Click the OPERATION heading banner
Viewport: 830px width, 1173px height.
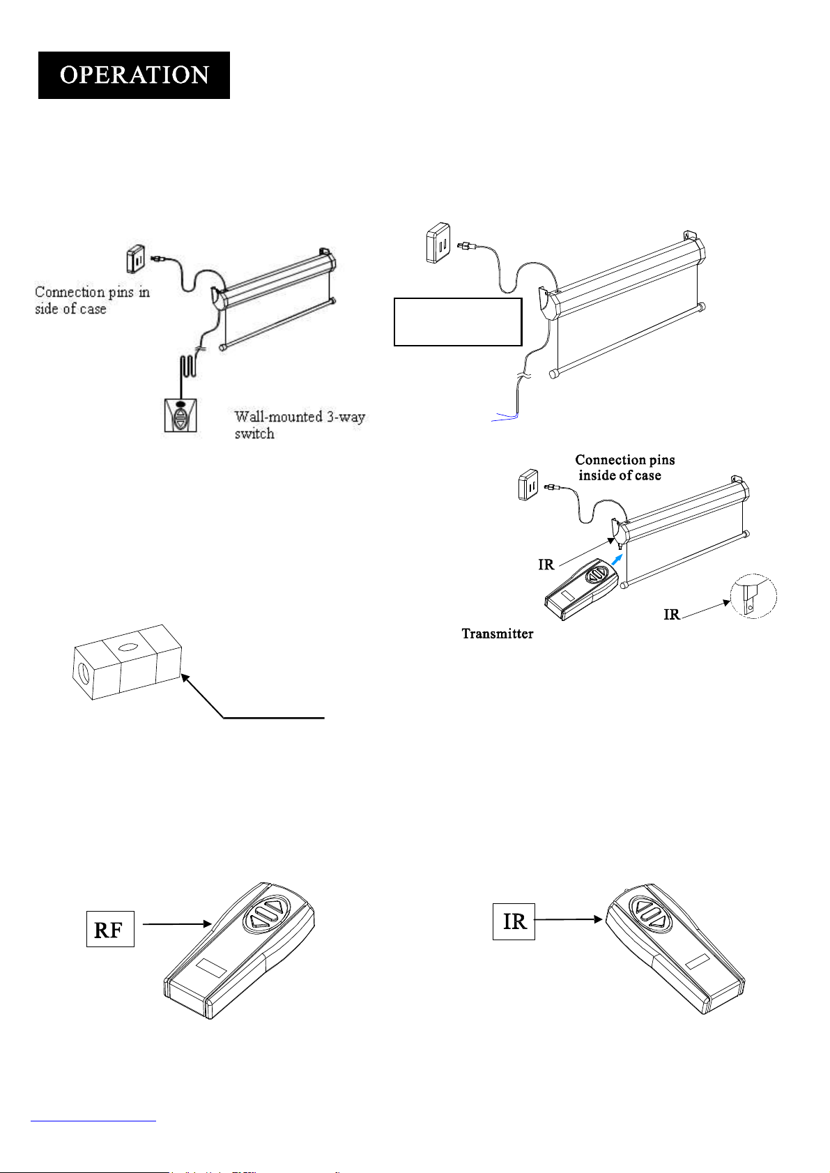click(x=134, y=75)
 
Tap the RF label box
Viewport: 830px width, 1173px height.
click(x=109, y=929)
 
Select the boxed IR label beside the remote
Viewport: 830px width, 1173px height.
click(x=514, y=921)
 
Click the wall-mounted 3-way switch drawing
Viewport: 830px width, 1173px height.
click(x=180, y=415)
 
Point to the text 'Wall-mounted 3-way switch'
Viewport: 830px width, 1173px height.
click(x=299, y=424)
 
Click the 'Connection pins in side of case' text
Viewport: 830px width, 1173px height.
click(x=92, y=300)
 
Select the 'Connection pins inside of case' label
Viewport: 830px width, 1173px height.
click(x=624, y=468)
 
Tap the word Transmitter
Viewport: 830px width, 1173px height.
click(x=498, y=634)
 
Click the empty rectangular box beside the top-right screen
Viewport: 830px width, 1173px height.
click(x=458, y=322)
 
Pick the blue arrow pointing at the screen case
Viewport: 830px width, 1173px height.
click(x=617, y=559)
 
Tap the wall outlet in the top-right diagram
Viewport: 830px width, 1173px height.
click(x=438, y=243)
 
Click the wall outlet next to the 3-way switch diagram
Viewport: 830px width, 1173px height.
click(x=136, y=259)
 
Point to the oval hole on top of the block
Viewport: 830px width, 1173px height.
click(x=127, y=647)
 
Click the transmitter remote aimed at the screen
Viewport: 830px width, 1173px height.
click(x=581, y=590)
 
